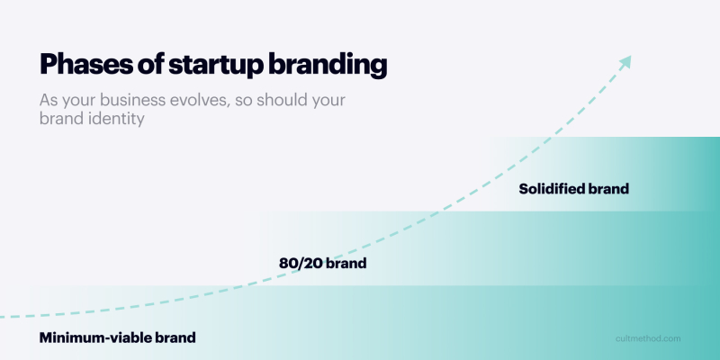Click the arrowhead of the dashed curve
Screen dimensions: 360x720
click(625, 61)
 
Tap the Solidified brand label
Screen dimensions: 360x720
click(573, 190)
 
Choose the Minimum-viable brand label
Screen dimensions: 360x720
click(117, 338)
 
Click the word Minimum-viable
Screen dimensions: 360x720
click(95, 338)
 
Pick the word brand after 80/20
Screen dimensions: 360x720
click(346, 265)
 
